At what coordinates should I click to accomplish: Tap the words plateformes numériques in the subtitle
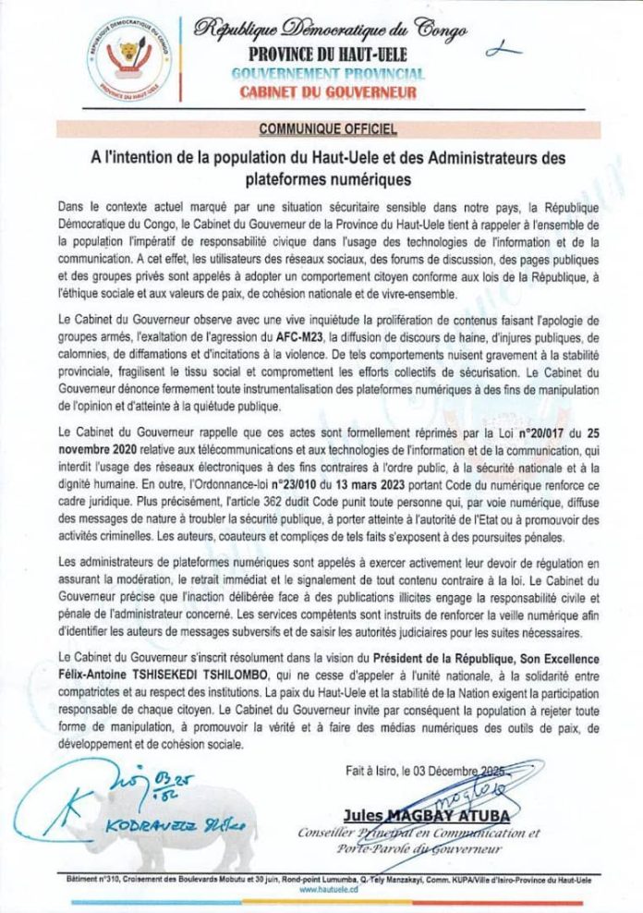coord(321,172)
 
